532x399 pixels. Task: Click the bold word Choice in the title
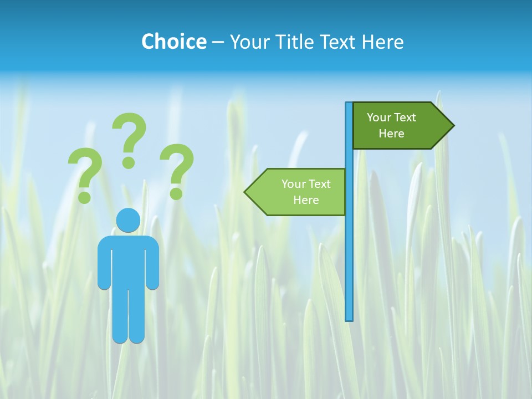pyautogui.click(x=173, y=42)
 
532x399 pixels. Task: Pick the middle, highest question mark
pyautogui.click(x=129, y=139)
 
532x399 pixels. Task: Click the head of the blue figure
pyautogui.click(x=128, y=220)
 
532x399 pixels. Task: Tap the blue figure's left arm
pyautogui.click(x=104, y=266)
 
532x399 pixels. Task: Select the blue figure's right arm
pyautogui.click(x=152, y=266)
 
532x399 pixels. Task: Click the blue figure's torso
pyautogui.click(x=128, y=260)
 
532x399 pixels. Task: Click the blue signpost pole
pyautogui.click(x=349, y=249)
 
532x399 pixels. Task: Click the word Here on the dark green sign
pyautogui.click(x=391, y=134)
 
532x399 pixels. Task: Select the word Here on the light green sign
pyautogui.click(x=306, y=200)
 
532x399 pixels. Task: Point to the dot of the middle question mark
pyautogui.click(x=129, y=162)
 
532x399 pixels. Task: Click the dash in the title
pyautogui.click(x=218, y=43)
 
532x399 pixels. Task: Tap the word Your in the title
pyautogui.click(x=247, y=42)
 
